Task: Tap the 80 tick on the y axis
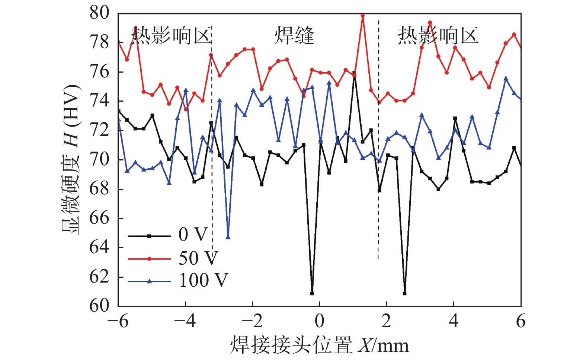point(99,13)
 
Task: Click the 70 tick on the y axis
point(99,159)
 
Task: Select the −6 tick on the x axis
point(118,321)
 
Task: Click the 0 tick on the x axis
point(320,321)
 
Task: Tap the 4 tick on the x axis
point(454,321)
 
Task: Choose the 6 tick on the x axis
point(521,321)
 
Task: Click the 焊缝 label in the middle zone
point(294,36)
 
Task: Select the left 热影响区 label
point(171,36)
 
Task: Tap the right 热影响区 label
point(438,36)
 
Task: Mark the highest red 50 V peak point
point(363,16)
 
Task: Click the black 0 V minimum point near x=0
point(312,293)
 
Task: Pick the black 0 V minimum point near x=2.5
point(404,293)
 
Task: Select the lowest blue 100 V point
point(228,237)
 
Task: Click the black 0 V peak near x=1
point(354,73)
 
